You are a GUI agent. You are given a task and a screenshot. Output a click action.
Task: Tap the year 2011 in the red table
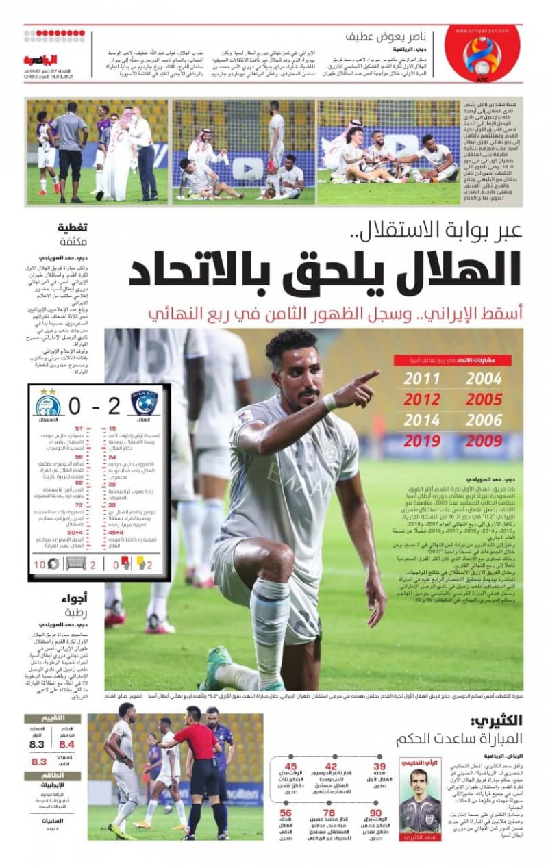pos(422,379)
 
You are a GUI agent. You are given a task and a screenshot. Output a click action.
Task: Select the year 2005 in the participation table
pos(484,399)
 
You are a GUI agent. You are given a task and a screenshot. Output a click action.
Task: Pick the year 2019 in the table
pos(422,441)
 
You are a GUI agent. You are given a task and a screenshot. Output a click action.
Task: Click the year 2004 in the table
pos(484,379)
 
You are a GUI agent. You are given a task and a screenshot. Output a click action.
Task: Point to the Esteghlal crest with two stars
pos(48,404)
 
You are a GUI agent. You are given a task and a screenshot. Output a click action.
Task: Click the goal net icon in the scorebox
pos(75,563)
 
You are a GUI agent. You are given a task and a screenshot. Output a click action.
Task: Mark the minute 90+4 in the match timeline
pos(75,531)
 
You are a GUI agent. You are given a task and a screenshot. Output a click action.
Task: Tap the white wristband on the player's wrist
pos(331,402)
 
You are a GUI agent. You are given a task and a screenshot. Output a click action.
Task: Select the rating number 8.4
pos(66,744)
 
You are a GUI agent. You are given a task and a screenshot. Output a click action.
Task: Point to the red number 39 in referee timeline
pos(379,767)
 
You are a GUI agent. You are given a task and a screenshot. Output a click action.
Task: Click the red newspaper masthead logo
pos(41,60)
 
